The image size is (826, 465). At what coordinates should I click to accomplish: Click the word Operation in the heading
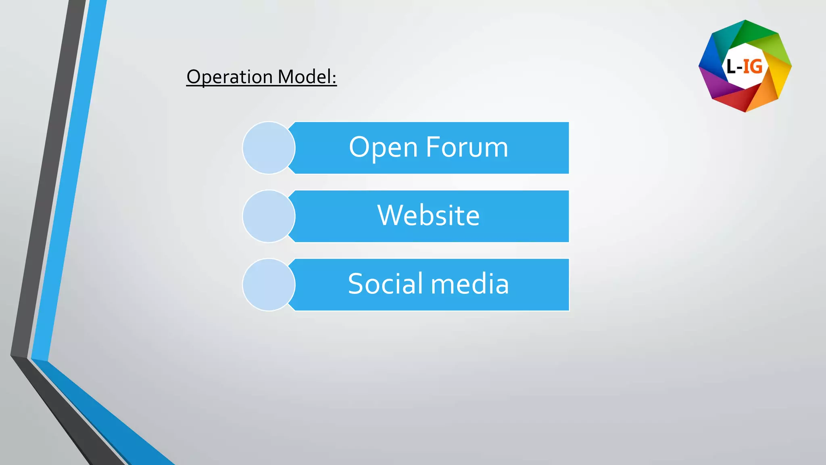click(229, 77)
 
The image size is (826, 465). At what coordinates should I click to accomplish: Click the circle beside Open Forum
click(269, 148)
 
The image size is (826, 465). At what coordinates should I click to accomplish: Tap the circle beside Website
click(269, 216)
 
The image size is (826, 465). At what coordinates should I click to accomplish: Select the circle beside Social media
click(269, 285)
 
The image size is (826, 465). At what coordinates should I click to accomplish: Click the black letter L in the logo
click(731, 67)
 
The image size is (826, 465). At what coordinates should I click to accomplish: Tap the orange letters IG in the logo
click(753, 67)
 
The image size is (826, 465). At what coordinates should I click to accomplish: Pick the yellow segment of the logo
click(779, 77)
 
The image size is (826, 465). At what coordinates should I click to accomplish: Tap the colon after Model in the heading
click(334, 77)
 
